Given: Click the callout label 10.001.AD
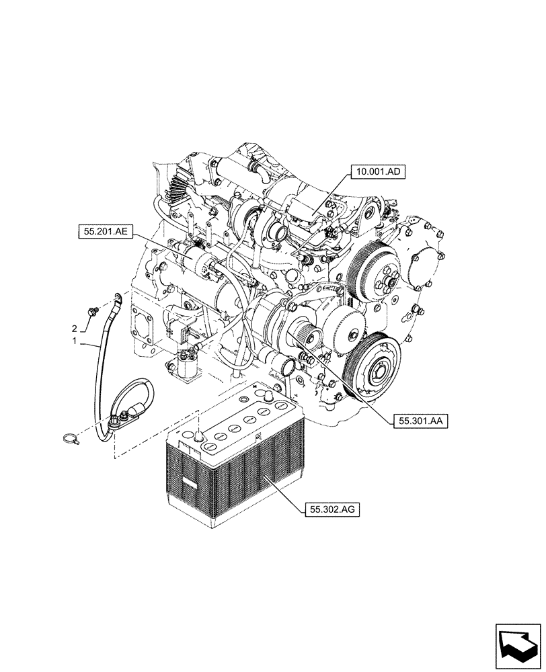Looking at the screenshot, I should click(377, 172).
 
